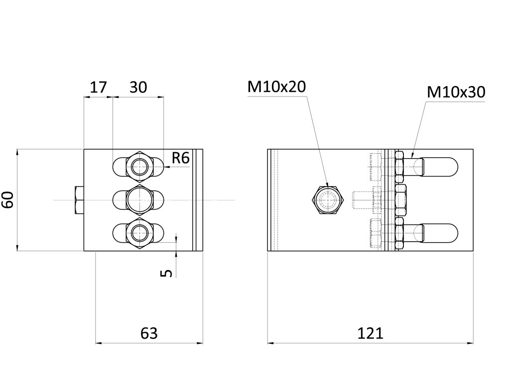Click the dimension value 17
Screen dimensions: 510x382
[x=98, y=88]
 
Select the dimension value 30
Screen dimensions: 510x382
[x=138, y=88]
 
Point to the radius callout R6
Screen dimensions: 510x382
[x=180, y=158]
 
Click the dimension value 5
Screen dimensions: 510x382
[x=167, y=273]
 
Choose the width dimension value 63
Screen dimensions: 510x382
[x=149, y=333]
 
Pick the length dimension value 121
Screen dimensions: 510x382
[x=370, y=333]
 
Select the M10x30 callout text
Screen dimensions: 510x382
[x=456, y=93]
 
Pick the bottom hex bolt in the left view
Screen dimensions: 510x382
[x=138, y=232]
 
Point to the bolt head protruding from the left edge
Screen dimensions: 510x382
[x=79, y=200]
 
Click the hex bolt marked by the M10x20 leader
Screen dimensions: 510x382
[x=328, y=200]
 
